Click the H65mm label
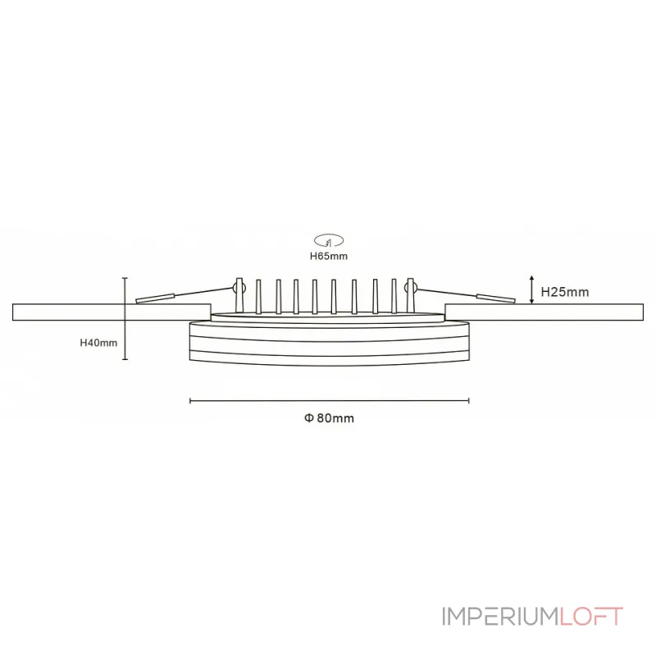click(x=329, y=256)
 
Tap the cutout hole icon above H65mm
click(x=329, y=240)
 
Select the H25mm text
click(x=564, y=291)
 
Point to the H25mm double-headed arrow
click(x=533, y=290)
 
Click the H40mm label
click(x=98, y=343)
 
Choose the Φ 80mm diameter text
click(x=329, y=418)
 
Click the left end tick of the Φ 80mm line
click(x=190, y=401)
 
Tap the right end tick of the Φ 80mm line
click(x=468, y=401)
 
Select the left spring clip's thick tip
click(x=154, y=298)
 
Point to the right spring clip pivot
click(x=412, y=288)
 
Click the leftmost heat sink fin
click(x=258, y=296)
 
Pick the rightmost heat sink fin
click(x=394, y=296)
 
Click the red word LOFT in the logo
click(x=591, y=617)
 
